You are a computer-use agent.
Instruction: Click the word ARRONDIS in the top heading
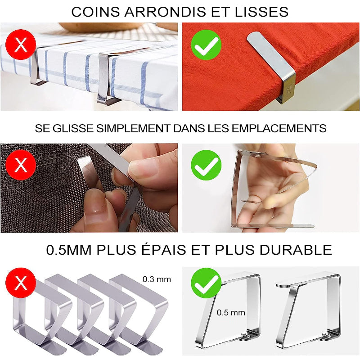(x=165, y=12)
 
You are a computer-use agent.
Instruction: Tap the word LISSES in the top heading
(x=262, y=12)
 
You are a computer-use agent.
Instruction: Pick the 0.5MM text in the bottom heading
(x=69, y=250)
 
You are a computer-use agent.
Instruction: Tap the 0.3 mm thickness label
(x=157, y=279)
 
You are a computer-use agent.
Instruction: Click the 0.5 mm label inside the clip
(x=231, y=312)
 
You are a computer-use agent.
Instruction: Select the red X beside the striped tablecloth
(x=21, y=45)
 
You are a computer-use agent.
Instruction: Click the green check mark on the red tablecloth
(x=206, y=45)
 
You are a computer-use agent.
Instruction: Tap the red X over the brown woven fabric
(x=21, y=165)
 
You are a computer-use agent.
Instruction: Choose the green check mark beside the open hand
(x=206, y=165)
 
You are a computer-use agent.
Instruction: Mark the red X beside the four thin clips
(x=21, y=283)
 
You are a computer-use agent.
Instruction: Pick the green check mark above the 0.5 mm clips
(x=206, y=283)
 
